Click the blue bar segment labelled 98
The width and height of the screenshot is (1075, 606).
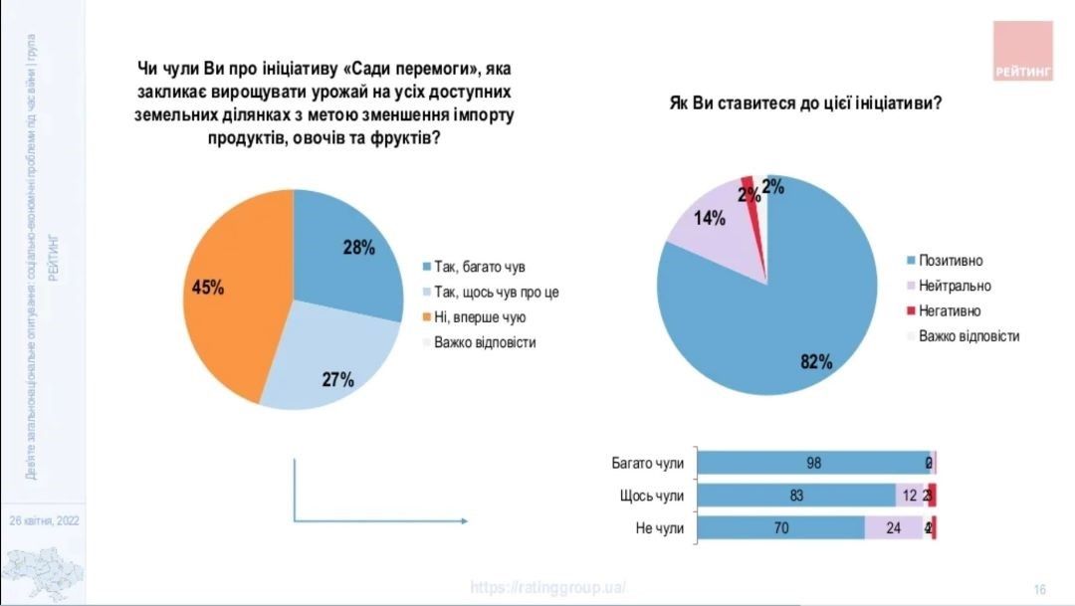(x=812, y=463)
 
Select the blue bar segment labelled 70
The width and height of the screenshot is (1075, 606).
(x=781, y=528)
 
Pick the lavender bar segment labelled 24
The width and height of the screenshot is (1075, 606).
(x=894, y=528)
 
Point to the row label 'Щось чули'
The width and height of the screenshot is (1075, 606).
(x=652, y=496)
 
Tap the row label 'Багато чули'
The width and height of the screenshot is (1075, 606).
(x=648, y=463)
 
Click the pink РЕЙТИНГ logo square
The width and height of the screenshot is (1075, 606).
(x=1023, y=51)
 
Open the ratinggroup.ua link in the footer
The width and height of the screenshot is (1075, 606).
(x=547, y=587)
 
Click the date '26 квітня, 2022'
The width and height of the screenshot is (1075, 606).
(x=44, y=520)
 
